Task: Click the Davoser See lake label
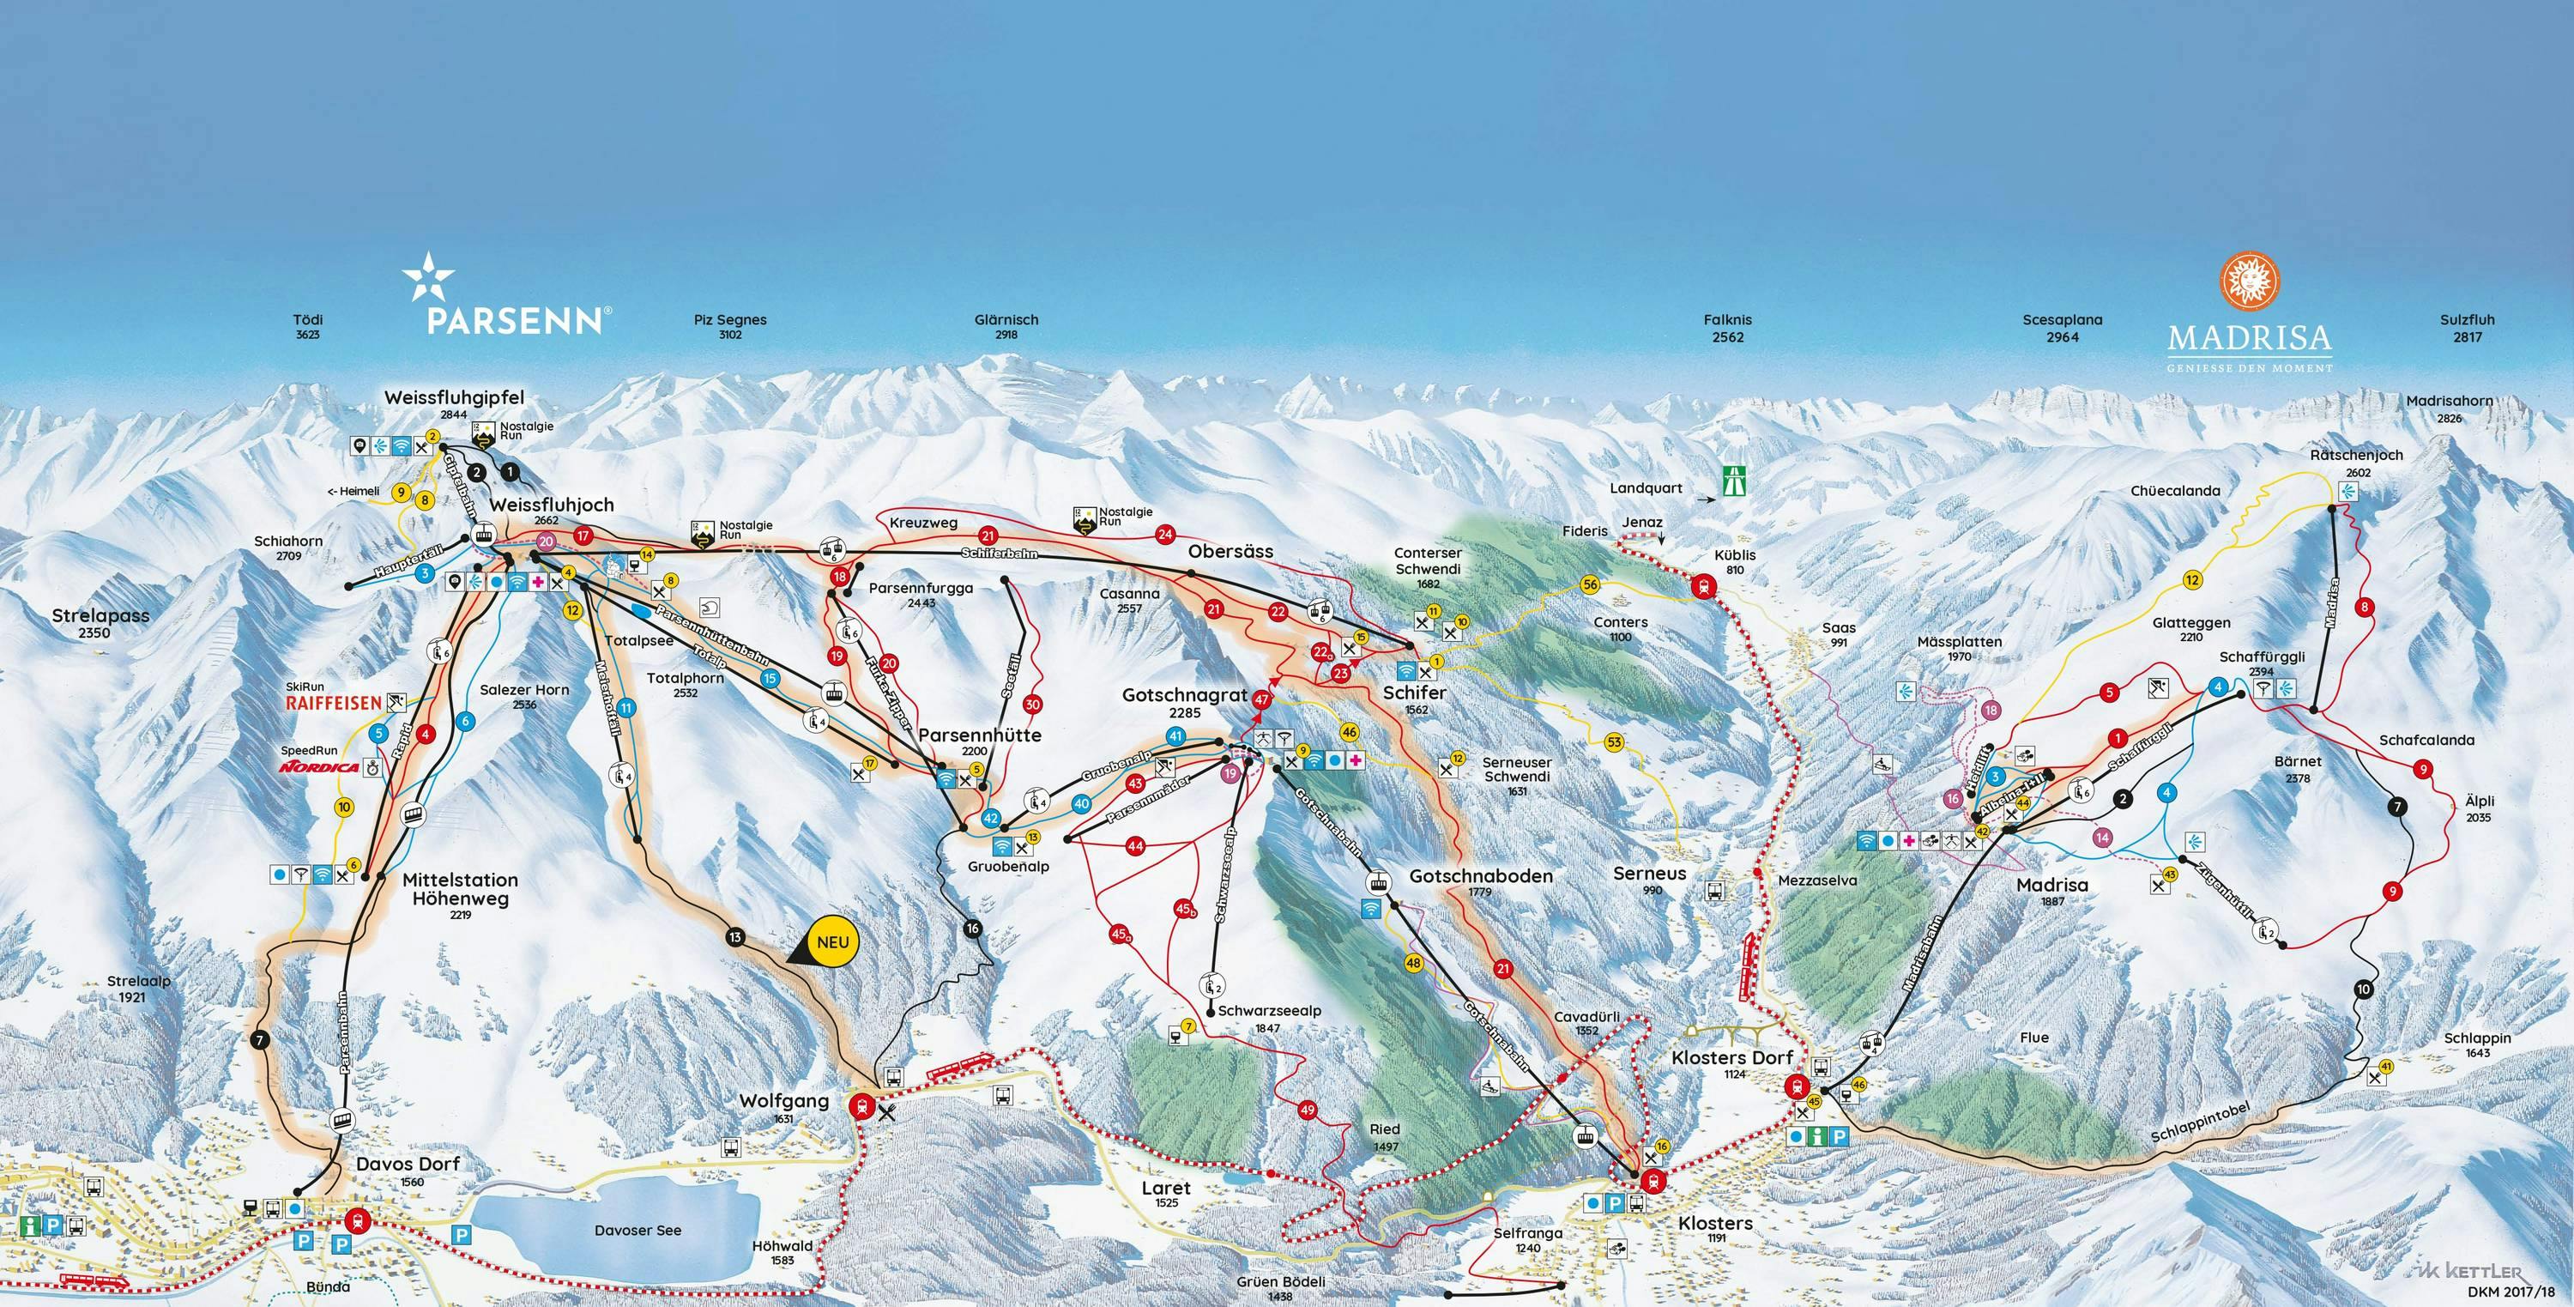pyautogui.click(x=637, y=1230)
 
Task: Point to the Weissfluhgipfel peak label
pyautogui.click(x=454, y=397)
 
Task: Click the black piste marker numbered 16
pyautogui.click(x=972, y=929)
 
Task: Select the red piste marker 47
pyautogui.click(x=1261, y=699)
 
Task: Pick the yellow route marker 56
pyautogui.click(x=1590, y=584)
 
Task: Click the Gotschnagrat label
pyautogui.click(x=1185, y=694)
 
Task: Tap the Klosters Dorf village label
pyautogui.click(x=1731, y=1057)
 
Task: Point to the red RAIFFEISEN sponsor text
pyautogui.click(x=333, y=703)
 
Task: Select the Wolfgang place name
pyautogui.click(x=783, y=1101)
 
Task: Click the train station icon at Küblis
pyautogui.click(x=1701, y=589)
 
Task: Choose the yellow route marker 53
pyautogui.click(x=1614, y=741)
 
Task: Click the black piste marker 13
pyautogui.click(x=735, y=937)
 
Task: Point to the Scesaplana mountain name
pyautogui.click(x=2063, y=321)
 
